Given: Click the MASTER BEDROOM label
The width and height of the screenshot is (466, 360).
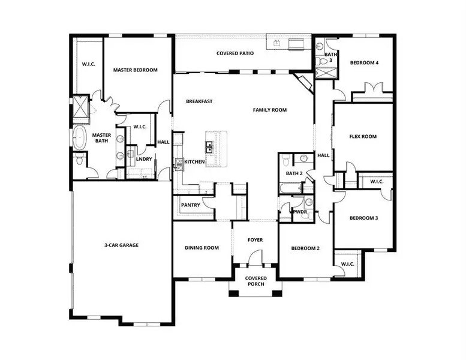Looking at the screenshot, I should [x=135, y=70].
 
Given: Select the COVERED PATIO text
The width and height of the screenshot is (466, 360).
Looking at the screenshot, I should [x=234, y=53].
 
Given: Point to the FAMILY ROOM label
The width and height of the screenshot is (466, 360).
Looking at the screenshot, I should [x=269, y=110].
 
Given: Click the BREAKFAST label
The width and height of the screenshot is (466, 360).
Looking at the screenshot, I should [x=199, y=101].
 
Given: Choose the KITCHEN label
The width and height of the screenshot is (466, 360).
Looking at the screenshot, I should [x=195, y=162].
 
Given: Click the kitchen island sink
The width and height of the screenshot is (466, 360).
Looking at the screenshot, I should [x=209, y=146].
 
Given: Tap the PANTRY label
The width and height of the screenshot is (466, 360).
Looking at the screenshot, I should [x=190, y=205].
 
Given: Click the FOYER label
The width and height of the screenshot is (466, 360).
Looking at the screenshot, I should [x=255, y=240].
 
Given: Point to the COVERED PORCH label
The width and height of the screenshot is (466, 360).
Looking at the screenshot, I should [x=256, y=281].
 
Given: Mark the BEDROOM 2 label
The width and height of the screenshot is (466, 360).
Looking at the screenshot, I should [x=305, y=248].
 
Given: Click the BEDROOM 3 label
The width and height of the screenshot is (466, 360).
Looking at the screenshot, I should [x=363, y=218].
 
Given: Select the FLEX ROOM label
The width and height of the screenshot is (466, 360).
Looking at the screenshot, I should [x=363, y=136].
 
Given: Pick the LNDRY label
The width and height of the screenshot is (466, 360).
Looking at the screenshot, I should [x=143, y=159].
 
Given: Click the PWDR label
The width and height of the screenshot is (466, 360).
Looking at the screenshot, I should [x=299, y=212].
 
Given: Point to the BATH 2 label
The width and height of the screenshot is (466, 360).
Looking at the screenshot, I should [x=294, y=173].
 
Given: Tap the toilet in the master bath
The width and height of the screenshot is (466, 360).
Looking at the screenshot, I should [x=80, y=160].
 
